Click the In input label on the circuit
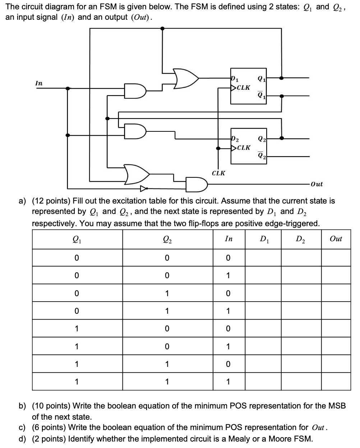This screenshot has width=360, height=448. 39,83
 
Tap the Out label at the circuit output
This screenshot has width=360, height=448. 317,184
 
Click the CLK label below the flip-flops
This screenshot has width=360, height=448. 218,173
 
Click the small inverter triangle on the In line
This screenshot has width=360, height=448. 144,188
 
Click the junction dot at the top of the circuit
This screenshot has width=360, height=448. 163,28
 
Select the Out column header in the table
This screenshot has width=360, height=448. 336,239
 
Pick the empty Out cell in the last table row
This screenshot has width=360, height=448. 336,381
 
